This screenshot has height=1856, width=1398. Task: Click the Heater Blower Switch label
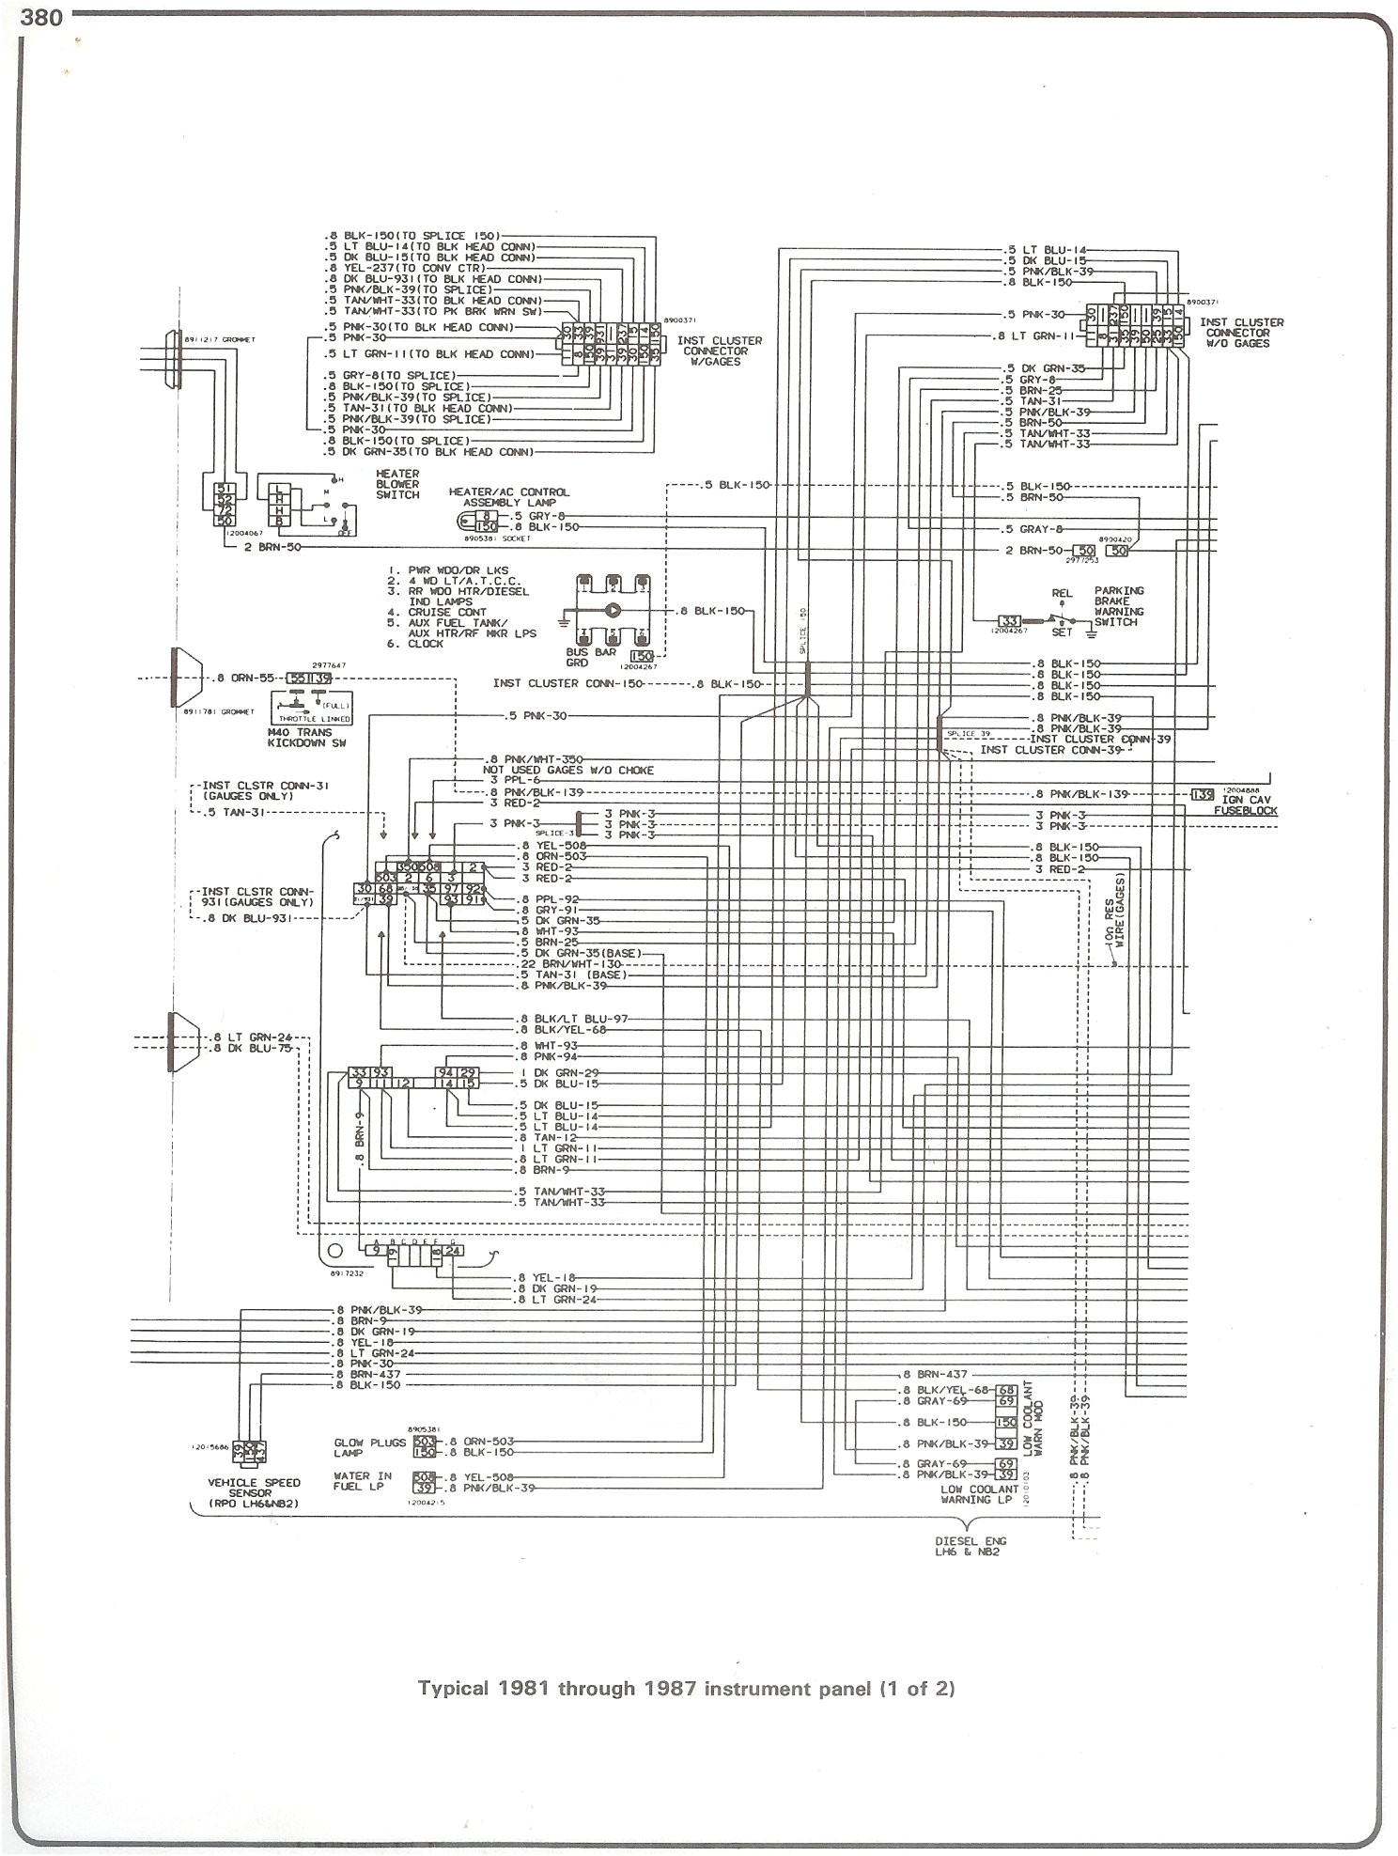pyautogui.click(x=397, y=485)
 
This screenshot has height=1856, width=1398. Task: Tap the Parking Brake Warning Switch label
pyautogui.click(x=1118, y=606)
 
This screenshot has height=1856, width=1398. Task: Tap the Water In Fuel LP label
pyautogui.click(x=362, y=1482)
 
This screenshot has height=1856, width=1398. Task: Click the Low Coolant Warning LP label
pyautogui.click(x=980, y=1494)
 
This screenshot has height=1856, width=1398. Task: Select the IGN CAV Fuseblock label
pyautogui.click(x=1246, y=805)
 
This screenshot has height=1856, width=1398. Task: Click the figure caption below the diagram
pyautogui.click(x=686, y=1688)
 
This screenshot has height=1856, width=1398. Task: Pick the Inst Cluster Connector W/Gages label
pyautogui.click(x=719, y=351)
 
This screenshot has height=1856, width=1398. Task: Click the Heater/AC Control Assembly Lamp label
pyautogui.click(x=509, y=497)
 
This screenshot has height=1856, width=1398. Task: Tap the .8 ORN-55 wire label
pyautogui.click(x=246, y=677)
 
